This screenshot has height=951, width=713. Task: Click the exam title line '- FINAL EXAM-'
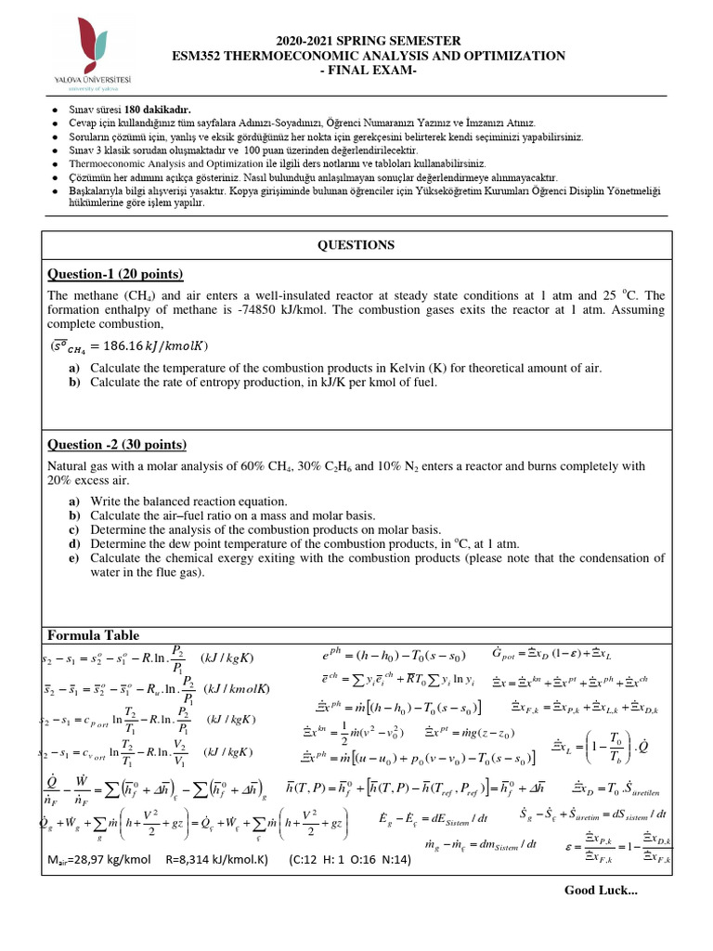pos(369,72)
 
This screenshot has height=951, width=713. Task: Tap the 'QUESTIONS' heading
pos(356,245)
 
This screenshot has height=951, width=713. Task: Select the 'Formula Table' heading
pos(93,635)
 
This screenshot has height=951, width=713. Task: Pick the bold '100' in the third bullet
pos(248,150)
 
